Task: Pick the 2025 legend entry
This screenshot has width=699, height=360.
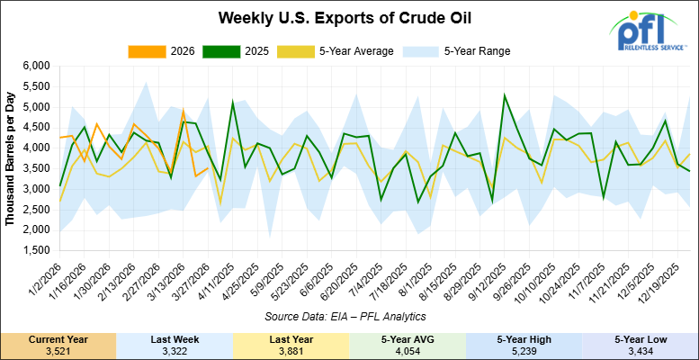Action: pyautogui.click(x=249, y=51)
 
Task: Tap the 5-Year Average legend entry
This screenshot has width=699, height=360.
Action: pyautogui.click(x=341, y=51)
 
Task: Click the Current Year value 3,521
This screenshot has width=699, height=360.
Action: pyautogui.click(x=58, y=351)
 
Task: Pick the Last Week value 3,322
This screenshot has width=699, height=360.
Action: pyautogui.click(x=175, y=351)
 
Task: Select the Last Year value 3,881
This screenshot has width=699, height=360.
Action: pyautogui.click(x=291, y=351)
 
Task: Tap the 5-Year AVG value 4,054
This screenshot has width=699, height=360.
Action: pyautogui.click(x=408, y=351)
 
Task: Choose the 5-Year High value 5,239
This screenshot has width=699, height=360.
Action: pyautogui.click(x=524, y=351)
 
